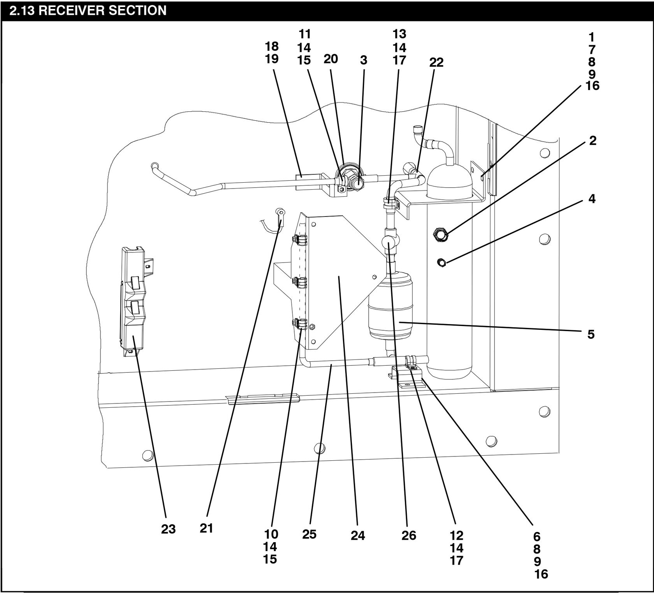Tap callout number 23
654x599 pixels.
click(x=168, y=529)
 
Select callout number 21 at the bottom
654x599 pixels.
click(x=206, y=528)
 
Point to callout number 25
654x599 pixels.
click(x=309, y=534)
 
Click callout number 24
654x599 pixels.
click(x=358, y=536)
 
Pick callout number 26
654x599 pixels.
click(x=409, y=536)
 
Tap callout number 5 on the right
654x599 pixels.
click(x=591, y=334)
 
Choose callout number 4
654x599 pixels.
click(x=592, y=199)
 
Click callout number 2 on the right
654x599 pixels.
click(x=592, y=141)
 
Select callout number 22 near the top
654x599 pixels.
click(x=436, y=62)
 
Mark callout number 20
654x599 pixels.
click(x=331, y=59)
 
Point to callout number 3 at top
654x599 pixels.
click(x=364, y=60)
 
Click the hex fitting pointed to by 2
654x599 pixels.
click(x=440, y=234)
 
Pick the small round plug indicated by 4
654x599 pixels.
click(x=442, y=263)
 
